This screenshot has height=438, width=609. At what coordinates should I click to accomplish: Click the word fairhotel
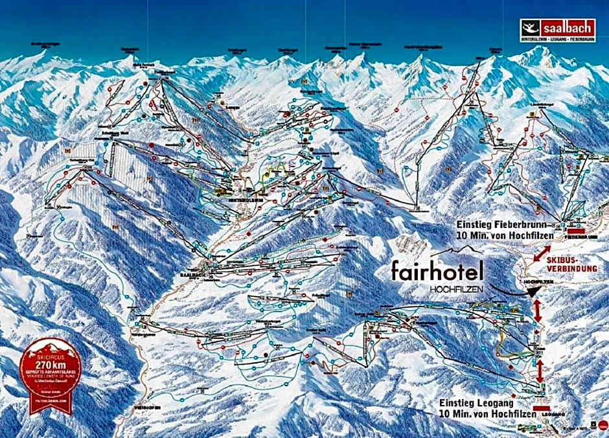point(437,270)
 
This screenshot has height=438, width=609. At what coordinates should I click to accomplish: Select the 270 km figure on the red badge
point(51,365)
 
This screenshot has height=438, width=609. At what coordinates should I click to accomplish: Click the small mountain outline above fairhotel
point(457,250)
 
